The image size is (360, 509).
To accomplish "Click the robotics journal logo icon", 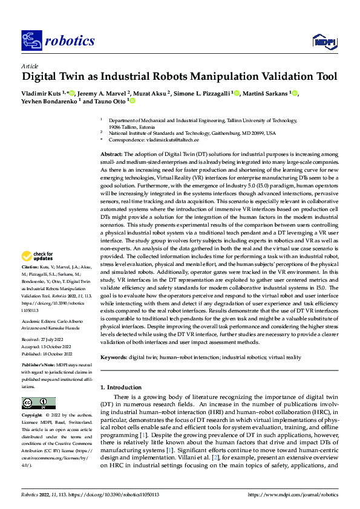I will (x=30, y=41).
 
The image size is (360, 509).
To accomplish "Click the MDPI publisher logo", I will (x=323, y=41).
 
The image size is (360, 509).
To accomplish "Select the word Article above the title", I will (x=29, y=65).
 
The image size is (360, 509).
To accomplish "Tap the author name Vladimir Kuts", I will (x=42, y=94).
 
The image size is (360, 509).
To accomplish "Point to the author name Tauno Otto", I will (x=109, y=102).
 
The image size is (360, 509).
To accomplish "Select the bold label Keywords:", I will (x=115, y=358).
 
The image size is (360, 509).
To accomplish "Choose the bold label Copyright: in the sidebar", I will (x=33, y=417).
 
